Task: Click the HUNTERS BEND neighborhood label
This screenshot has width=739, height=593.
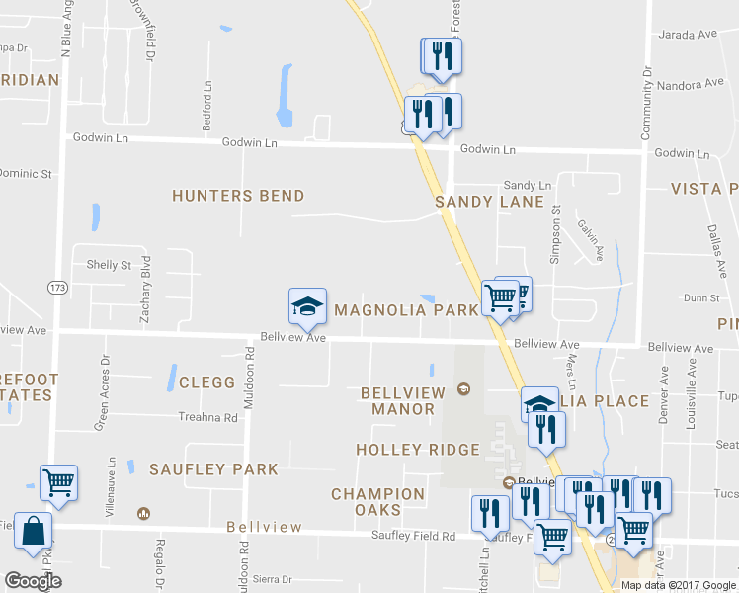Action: (x=238, y=196)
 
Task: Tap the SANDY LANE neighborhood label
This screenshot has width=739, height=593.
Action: (x=490, y=202)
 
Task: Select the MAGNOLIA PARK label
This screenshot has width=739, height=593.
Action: (x=406, y=310)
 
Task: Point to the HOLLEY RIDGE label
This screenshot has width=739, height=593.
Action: (x=418, y=450)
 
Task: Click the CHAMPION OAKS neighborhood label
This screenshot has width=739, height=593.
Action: (x=378, y=501)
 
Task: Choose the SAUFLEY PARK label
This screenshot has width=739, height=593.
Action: (x=213, y=469)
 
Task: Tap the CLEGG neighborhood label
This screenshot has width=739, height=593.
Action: (x=207, y=382)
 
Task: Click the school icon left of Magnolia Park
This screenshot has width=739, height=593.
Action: (x=306, y=306)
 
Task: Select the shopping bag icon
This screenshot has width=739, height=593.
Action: (x=34, y=530)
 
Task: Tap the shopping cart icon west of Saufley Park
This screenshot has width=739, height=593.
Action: (x=59, y=483)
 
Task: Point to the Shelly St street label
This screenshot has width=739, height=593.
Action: (x=109, y=265)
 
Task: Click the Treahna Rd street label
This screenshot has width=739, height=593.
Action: (x=208, y=417)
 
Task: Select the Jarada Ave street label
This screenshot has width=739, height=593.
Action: (x=689, y=34)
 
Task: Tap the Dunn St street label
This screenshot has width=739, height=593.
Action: (x=701, y=297)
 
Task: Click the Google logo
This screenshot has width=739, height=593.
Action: (x=33, y=581)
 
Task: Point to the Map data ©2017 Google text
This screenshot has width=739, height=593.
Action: (x=677, y=585)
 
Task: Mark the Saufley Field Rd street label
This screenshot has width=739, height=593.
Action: (x=413, y=537)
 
